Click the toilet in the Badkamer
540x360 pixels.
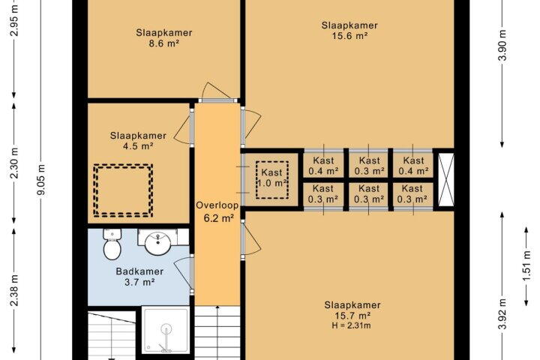(112, 244)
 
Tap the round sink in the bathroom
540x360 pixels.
(158, 243)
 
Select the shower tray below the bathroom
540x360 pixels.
(166, 330)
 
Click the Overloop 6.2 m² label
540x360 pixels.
(217, 211)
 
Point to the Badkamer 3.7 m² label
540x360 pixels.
(139, 277)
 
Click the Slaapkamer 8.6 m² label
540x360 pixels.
(164, 38)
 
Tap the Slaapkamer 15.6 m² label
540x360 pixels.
(349, 30)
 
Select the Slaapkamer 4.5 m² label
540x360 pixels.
(138, 140)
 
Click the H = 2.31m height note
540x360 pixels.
(352, 325)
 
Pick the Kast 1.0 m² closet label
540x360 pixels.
(272, 178)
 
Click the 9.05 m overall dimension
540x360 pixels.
(41, 179)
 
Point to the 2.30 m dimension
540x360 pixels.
(14, 163)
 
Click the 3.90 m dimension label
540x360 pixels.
(502, 45)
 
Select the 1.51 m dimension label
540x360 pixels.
(526, 266)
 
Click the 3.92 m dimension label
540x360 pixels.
(502, 313)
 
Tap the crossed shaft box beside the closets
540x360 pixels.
(445, 179)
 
